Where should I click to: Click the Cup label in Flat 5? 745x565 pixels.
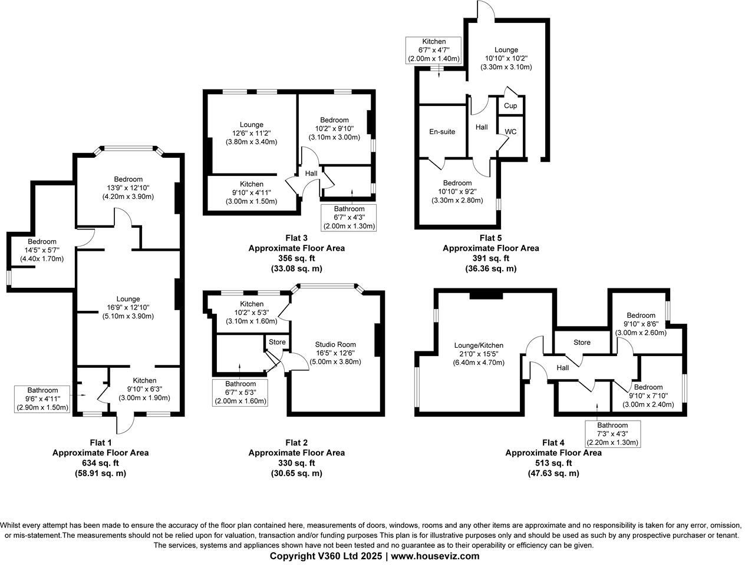pos(510,106)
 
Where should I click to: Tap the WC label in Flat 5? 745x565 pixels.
pos(510,132)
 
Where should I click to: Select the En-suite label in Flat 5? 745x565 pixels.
pos(442,132)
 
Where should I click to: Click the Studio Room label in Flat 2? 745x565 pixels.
pos(335,344)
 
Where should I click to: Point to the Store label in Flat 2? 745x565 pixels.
pos(277,342)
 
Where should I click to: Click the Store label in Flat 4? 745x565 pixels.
pos(582,343)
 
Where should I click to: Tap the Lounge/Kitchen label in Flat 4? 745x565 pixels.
pos(479,345)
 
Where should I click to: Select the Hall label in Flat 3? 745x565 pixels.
pos(311,173)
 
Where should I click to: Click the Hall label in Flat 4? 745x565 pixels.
pos(562,368)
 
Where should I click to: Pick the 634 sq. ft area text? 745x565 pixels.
pos(100,463)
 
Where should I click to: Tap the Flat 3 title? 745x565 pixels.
pos(296,238)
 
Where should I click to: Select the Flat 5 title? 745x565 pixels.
pos(490,238)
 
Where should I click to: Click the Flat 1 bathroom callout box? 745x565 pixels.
pos(42,399)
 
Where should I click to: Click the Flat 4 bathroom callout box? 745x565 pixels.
pos(612,434)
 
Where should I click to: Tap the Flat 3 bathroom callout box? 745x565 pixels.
pos(349,217)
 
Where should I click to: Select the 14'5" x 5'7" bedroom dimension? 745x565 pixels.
pos(42,250)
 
